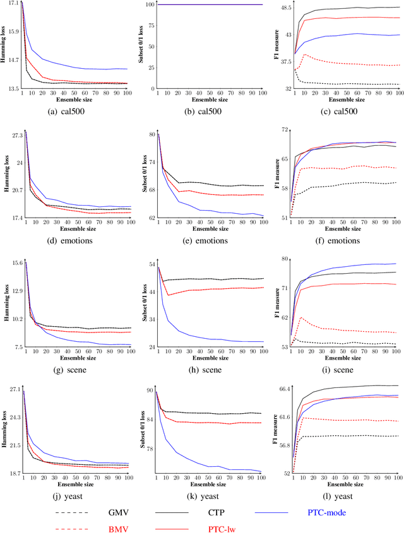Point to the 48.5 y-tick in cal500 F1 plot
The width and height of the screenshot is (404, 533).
point(284,8)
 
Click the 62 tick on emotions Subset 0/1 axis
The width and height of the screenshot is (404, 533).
point(151,218)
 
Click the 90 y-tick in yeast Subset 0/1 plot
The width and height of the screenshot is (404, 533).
point(151,391)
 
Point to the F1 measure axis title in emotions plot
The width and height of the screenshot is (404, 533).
point(274,175)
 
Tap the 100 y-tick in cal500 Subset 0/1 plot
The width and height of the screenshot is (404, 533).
point(150,4)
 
